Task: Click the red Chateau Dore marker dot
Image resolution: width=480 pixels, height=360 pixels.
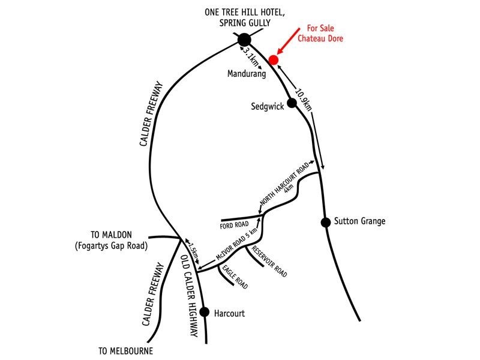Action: pos(274,59)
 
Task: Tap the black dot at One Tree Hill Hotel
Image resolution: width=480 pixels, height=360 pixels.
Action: pos(244,40)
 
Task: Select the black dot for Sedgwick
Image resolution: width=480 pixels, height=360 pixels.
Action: pos(292,103)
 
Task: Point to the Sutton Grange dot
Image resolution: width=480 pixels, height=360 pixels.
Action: pos(326,222)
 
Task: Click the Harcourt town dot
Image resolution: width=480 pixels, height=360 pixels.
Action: pos(205,312)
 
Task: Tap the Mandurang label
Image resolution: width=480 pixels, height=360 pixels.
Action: pos(247,74)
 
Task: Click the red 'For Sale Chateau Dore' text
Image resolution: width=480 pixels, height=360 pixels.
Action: pos(320,34)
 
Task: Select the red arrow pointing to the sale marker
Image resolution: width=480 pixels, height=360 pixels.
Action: pos(289,41)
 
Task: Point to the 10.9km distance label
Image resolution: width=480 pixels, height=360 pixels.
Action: pos(304,100)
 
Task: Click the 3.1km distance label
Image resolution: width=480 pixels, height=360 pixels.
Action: pos(251,57)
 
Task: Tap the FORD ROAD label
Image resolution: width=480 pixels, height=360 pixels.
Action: pos(234,226)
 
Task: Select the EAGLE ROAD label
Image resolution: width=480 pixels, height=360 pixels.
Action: pos(235,277)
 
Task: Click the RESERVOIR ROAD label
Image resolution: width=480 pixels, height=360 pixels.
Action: pos(269,261)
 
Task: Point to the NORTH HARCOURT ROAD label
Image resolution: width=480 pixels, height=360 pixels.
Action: pos(284,184)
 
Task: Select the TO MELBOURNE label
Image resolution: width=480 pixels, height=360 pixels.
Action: pos(125,351)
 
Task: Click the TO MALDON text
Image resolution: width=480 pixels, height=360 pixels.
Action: pos(111,235)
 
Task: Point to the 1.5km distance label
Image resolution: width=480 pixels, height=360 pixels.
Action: pos(194,251)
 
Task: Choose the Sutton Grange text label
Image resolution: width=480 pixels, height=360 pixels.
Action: pos(359,221)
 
